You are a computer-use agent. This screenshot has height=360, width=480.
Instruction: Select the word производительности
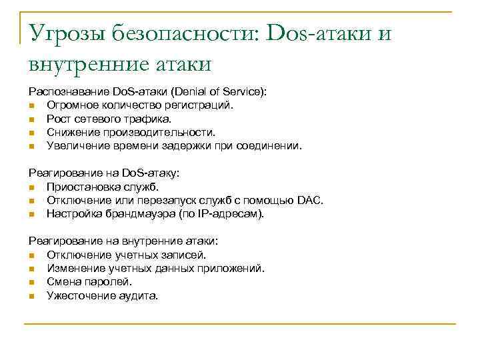tap(158, 131)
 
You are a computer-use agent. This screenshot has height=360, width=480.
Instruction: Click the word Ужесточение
tap(77, 295)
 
